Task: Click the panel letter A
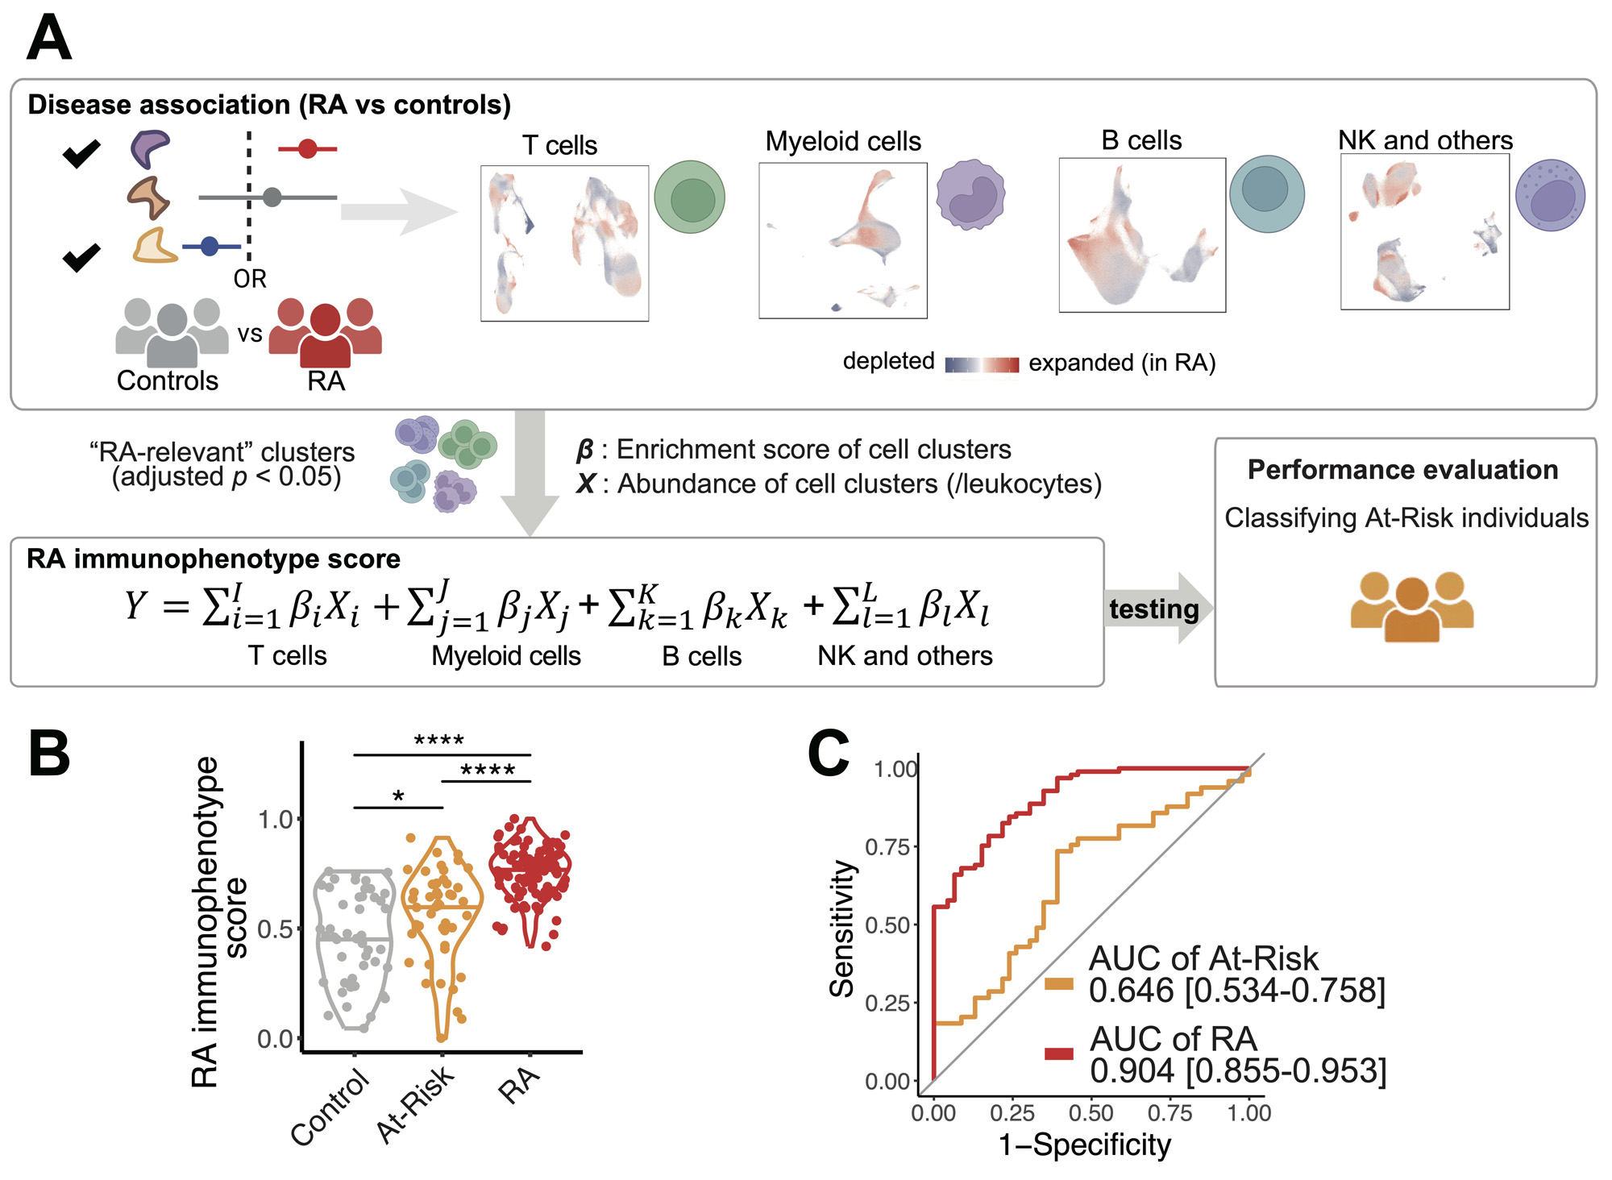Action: (48, 38)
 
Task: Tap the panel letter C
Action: (829, 754)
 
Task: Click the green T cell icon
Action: (689, 197)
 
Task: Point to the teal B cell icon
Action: (1266, 193)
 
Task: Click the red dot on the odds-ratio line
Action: (307, 148)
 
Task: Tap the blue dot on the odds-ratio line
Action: (210, 246)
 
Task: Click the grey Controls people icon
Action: (171, 332)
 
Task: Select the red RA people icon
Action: (325, 332)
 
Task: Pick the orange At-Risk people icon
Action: (1411, 606)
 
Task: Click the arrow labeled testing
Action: (1156, 609)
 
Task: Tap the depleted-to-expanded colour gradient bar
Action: (982, 364)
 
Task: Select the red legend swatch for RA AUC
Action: (1058, 1053)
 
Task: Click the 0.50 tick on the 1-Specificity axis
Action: (1091, 1113)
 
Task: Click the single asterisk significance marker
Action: (398, 797)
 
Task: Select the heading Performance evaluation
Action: (1402, 470)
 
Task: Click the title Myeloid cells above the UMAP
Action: (842, 142)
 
